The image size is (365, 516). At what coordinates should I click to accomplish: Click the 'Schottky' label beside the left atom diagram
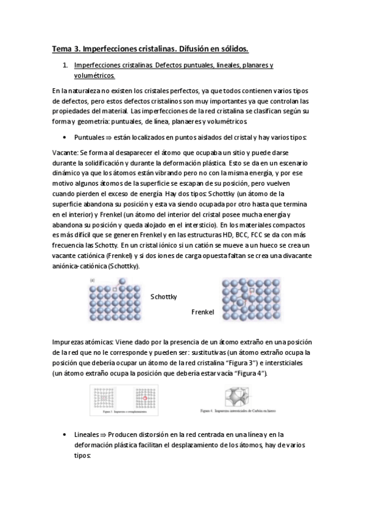[x=163, y=296]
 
